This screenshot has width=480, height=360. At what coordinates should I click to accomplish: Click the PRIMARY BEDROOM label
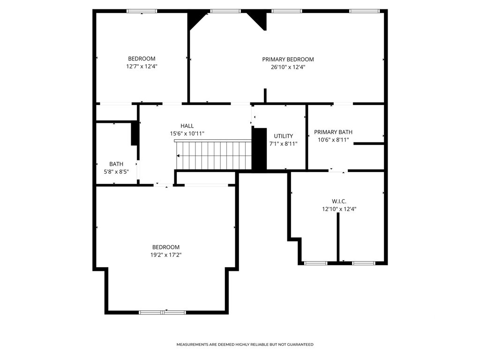point(288,60)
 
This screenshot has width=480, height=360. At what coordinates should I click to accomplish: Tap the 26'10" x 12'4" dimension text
point(288,67)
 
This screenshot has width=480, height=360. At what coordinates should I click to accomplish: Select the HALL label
point(187,126)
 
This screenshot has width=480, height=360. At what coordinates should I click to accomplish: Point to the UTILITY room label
point(283,136)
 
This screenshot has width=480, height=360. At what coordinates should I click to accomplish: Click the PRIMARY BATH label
point(333,132)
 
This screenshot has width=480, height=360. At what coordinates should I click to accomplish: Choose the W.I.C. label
point(339,202)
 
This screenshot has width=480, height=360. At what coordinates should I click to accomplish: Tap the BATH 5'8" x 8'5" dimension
point(116,172)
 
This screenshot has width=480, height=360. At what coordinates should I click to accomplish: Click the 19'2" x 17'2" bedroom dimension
point(166,255)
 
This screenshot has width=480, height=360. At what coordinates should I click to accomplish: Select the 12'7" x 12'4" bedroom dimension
point(142,66)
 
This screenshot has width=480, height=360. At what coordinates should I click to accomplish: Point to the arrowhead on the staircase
point(178,156)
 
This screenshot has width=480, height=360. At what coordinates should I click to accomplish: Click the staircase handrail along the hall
point(213,141)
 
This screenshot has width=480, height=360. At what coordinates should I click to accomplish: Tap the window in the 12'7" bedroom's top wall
point(142,11)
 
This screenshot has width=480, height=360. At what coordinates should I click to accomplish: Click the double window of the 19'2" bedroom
point(162,313)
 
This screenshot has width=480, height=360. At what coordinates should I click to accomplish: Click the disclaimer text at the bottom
point(245,345)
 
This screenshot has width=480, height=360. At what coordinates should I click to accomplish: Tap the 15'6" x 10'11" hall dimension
point(187,134)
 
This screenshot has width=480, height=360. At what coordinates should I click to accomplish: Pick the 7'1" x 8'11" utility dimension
point(283,143)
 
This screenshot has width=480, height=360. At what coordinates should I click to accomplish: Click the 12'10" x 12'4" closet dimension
point(339,209)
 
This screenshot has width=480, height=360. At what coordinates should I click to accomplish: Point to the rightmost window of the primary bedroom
point(365,11)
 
